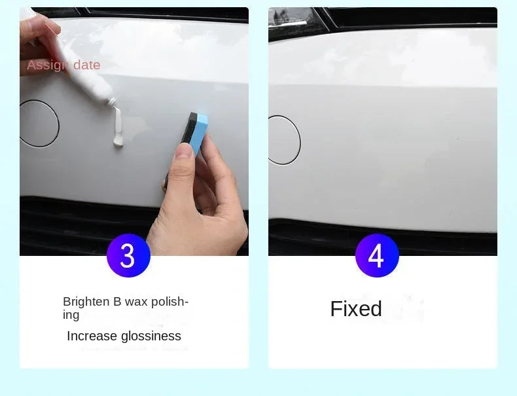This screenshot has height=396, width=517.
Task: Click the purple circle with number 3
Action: (128, 255)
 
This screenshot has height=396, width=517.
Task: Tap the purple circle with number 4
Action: (377, 255)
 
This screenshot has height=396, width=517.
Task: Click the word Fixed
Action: (356, 309)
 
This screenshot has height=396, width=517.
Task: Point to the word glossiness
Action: (151, 336)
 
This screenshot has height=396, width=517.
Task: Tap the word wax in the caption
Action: (137, 302)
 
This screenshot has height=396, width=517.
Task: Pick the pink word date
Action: (87, 65)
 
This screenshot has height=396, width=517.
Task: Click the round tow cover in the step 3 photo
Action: (39, 123)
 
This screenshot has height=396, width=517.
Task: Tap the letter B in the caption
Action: (117, 302)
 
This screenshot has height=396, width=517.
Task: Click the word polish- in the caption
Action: (169, 302)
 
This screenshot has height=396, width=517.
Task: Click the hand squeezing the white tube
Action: (38, 43)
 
